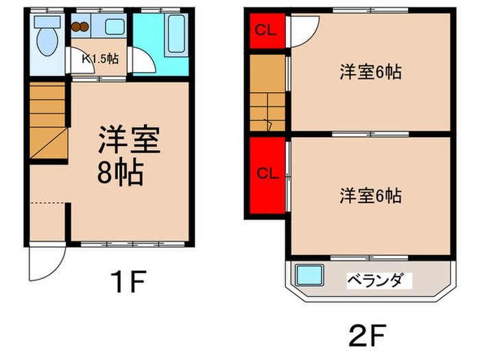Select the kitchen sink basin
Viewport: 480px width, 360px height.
115,28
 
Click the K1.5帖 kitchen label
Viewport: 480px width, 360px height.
100,58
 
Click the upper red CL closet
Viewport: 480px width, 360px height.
266,30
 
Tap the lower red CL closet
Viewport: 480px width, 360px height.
266,173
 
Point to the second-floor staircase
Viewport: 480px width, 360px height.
267,93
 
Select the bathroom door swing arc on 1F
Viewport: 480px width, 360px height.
144,62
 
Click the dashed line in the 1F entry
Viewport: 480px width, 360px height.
49,202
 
